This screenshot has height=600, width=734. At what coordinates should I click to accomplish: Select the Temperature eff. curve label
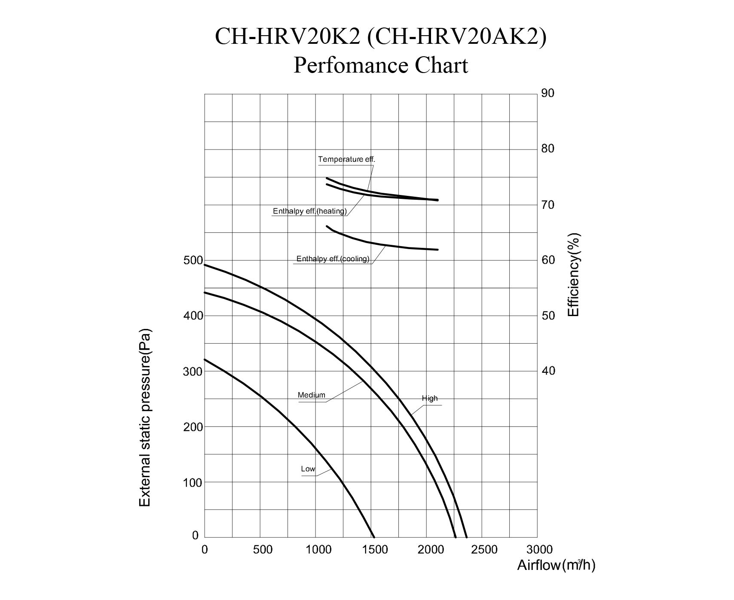[346, 159]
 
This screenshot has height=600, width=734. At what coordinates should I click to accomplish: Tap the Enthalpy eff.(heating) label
[309, 211]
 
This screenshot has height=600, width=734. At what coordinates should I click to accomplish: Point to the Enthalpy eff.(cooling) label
[333, 259]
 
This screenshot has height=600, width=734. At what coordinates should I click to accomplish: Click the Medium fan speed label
[311, 395]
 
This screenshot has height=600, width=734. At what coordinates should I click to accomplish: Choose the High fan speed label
[429, 399]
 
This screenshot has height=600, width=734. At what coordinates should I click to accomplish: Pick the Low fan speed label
[308, 469]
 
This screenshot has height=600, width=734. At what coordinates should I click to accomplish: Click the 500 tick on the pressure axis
[193, 260]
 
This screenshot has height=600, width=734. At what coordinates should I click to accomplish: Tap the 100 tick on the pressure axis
[193, 483]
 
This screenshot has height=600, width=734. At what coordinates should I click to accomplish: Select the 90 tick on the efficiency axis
[548, 93]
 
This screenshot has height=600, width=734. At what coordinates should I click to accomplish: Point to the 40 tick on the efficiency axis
[548, 371]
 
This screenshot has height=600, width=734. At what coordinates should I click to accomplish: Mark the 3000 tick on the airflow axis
[539, 550]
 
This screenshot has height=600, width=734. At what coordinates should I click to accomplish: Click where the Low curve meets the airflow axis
[374, 537]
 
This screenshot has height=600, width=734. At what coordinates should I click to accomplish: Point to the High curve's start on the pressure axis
[205, 265]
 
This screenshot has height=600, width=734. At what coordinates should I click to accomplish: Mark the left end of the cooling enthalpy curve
[327, 226]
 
